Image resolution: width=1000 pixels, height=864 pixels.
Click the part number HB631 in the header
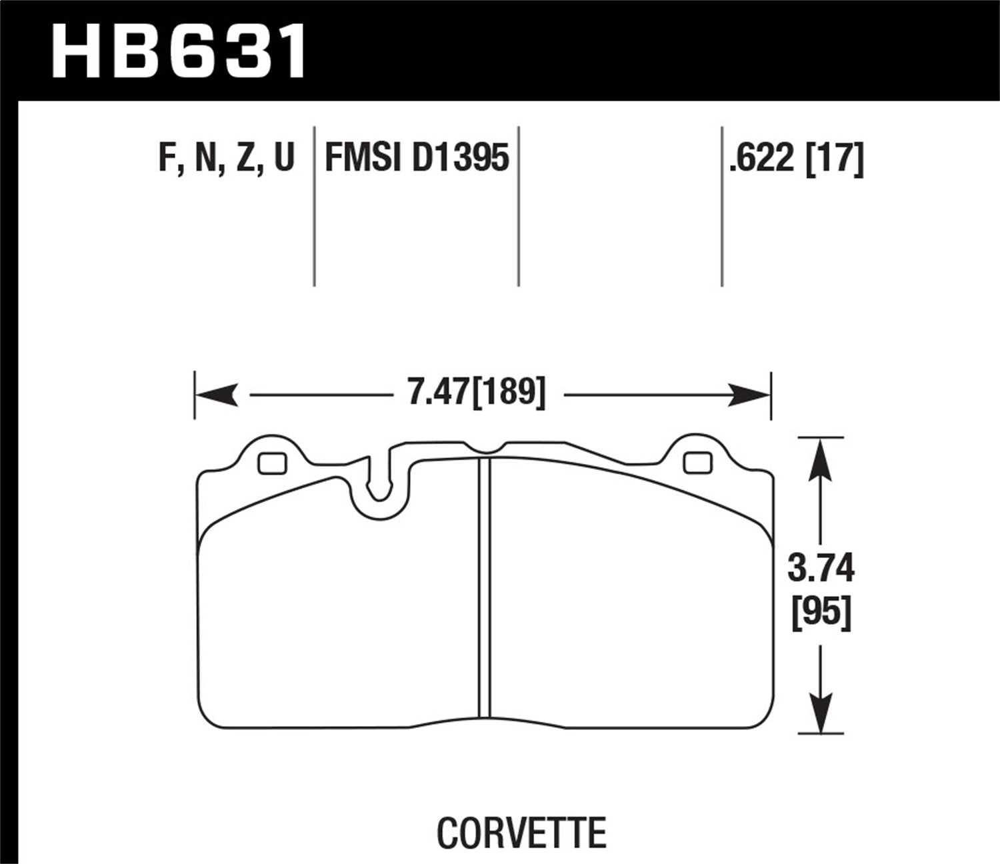[x=179, y=50]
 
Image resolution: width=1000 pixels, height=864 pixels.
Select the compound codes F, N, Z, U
[x=226, y=159]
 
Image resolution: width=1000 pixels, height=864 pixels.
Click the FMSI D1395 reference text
[x=417, y=159]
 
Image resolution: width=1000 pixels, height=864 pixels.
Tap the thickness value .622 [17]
[x=796, y=159]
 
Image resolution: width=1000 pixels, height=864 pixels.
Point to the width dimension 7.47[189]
[x=476, y=392]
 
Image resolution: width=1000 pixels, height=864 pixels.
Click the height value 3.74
[x=821, y=569]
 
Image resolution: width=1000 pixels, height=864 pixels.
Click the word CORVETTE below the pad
[x=521, y=832]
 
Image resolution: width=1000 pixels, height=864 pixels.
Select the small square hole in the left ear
[x=272, y=463]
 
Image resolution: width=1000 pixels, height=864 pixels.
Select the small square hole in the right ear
[x=697, y=463]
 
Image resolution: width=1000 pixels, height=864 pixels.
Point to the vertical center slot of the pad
[x=485, y=587]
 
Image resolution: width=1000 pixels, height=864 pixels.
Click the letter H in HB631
[x=80, y=50]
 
